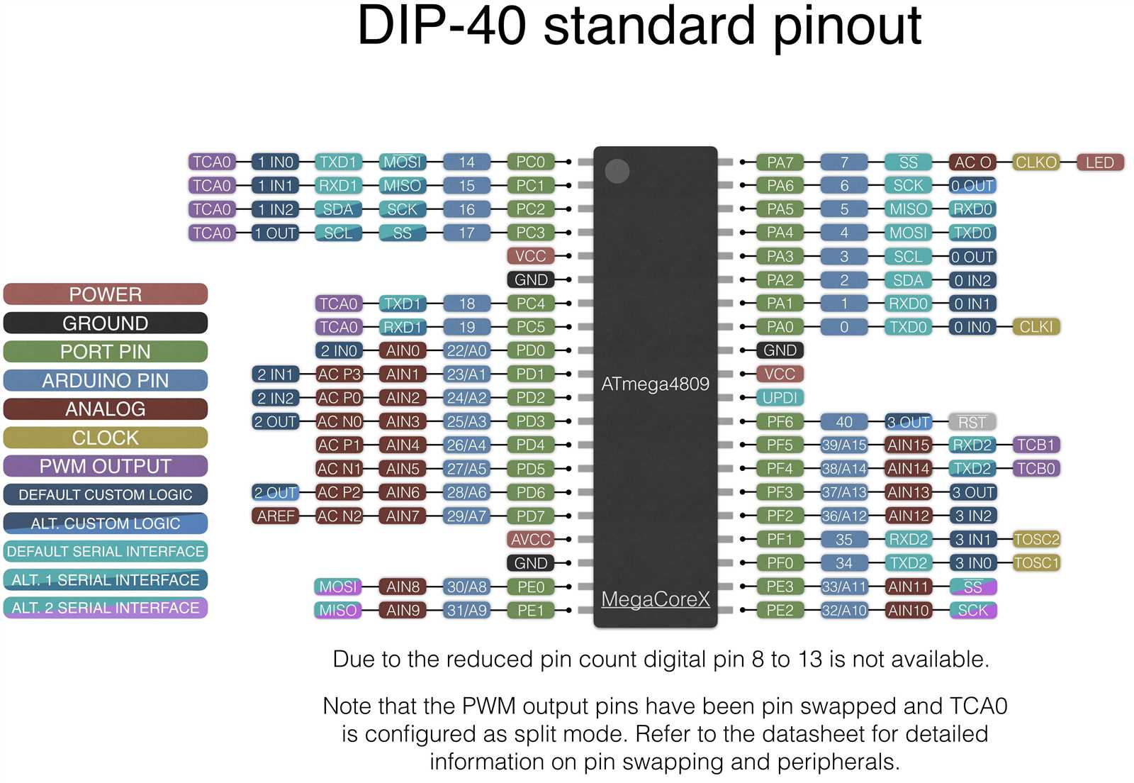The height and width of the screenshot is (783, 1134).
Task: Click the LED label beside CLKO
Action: point(1099,162)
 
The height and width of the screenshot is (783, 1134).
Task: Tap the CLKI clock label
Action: point(1035,327)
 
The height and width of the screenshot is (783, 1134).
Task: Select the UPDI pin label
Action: point(780,398)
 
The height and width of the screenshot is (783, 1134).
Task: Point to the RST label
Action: point(972,422)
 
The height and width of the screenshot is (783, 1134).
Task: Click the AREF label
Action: point(276,516)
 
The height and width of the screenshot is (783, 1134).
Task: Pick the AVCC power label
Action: point(530,540)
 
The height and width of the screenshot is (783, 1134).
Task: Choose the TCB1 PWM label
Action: point(1035,445)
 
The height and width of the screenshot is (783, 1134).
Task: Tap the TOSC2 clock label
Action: point(1035,539)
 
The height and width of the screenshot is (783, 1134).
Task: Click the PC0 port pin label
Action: point(530,162)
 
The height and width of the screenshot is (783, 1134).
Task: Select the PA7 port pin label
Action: point(780,162)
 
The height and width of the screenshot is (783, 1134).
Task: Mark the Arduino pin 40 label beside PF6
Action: point(843,422)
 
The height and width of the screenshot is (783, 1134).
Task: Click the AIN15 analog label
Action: point(908,445)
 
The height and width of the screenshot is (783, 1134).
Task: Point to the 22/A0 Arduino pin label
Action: point(466,350)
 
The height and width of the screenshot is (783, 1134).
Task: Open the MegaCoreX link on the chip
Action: point(655,599)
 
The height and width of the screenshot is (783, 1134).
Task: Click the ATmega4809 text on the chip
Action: point(655,384)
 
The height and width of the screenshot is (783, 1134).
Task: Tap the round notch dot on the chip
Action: point(617,171)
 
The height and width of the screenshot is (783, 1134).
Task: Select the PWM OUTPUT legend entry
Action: point(105,466)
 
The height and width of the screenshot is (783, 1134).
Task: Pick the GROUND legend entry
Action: point(105,323)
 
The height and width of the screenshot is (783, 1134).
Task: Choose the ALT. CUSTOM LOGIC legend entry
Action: point(105,523)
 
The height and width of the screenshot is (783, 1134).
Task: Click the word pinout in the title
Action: point(847,27)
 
